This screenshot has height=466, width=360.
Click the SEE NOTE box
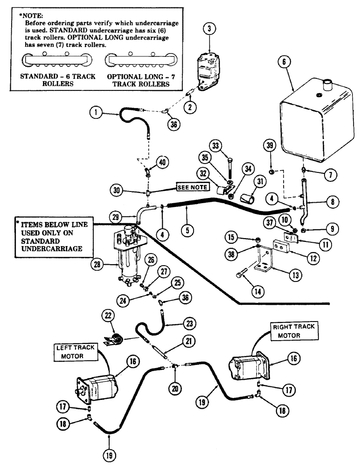coord(193,187)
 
